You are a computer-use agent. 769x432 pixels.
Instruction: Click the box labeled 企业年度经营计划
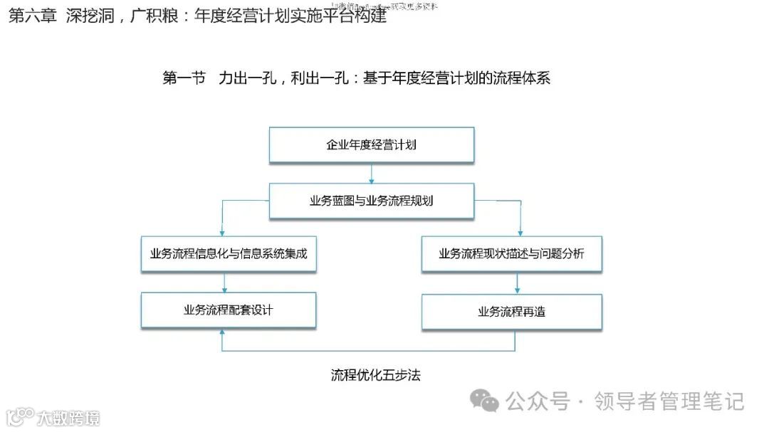(371, 144)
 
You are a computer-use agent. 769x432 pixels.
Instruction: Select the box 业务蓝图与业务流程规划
(371, 201)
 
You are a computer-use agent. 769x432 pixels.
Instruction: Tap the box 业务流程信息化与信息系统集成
(228, 253)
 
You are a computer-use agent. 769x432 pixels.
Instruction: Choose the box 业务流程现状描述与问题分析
(511, 253)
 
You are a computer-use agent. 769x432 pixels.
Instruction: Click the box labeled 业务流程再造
(511, 311)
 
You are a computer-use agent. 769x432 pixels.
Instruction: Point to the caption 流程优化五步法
(375, 374)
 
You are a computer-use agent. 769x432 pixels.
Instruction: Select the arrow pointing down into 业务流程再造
(518, 283)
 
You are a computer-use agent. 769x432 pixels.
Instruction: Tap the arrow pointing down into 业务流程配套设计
(224, 283)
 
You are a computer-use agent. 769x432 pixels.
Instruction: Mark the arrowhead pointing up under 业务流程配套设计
(224, 334)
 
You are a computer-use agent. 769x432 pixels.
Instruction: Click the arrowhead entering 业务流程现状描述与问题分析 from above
(520, 231)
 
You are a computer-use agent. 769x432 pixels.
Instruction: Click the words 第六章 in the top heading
(31, 16)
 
